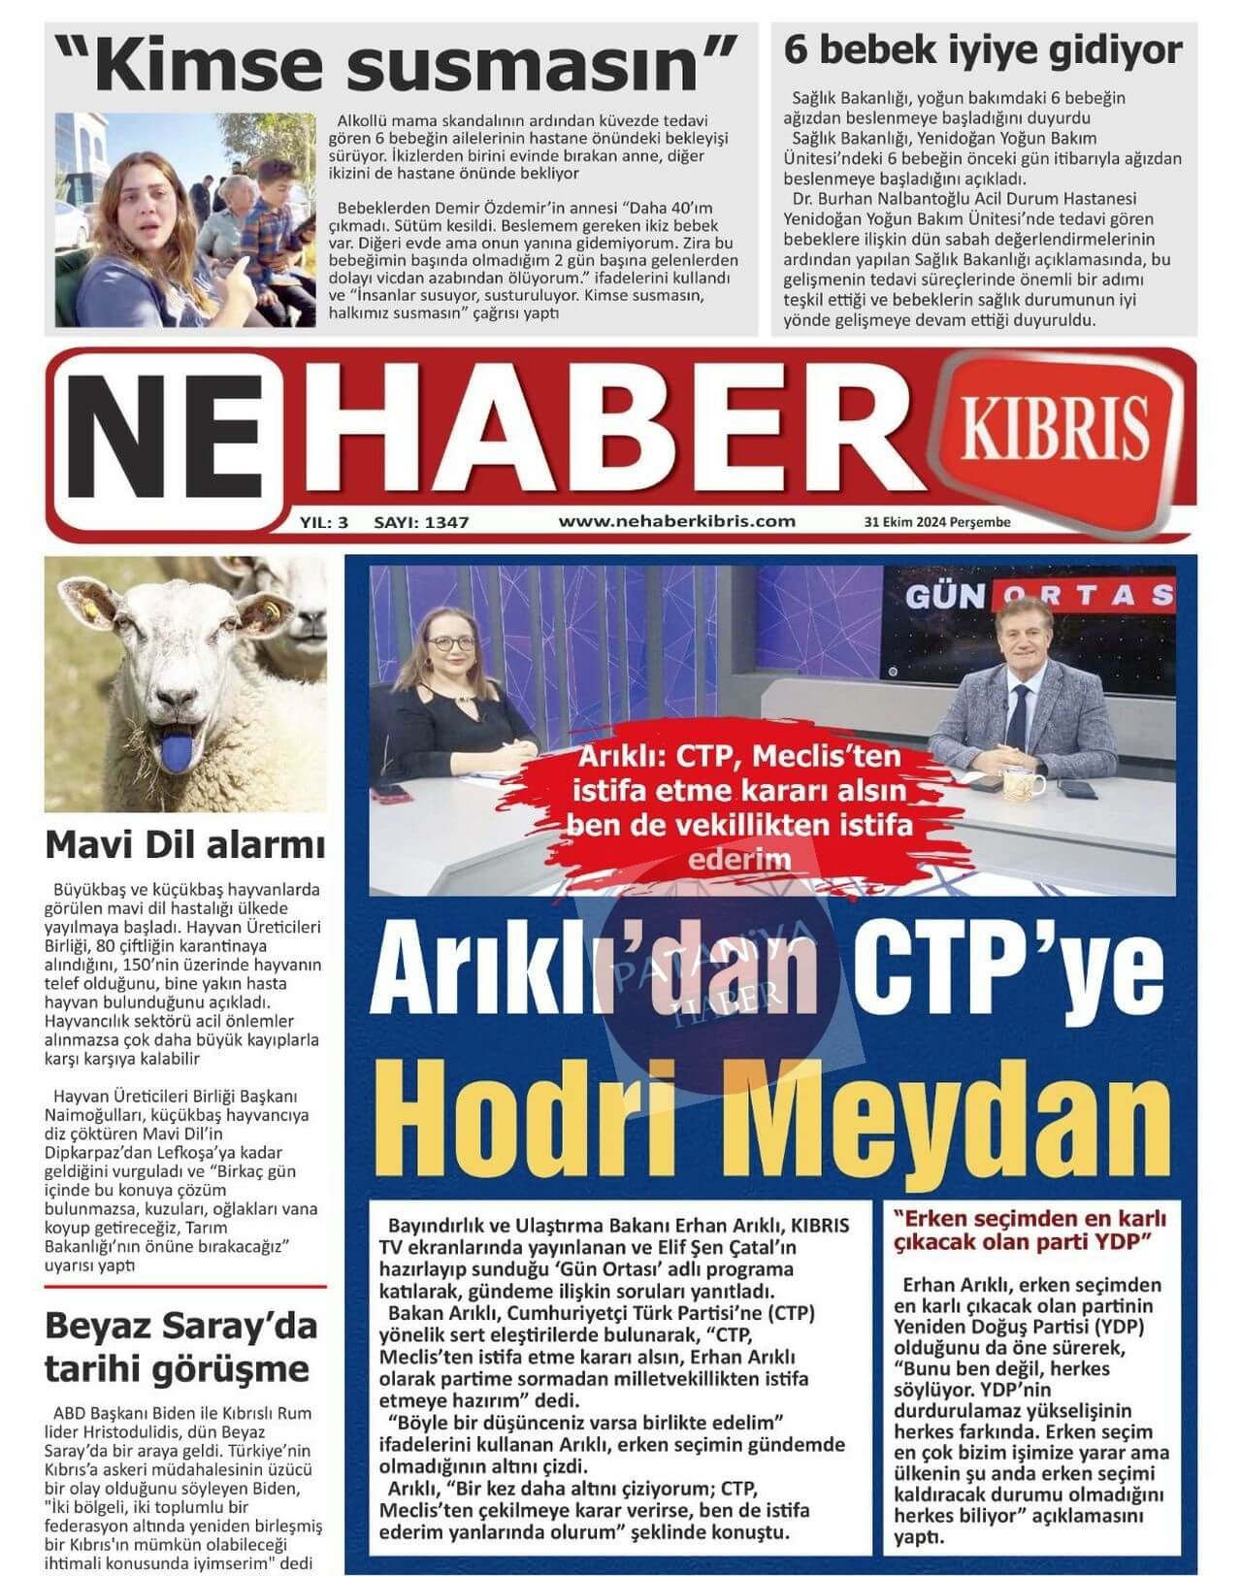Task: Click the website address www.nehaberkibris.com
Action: [676, 521]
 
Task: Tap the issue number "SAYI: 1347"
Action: [421, 522]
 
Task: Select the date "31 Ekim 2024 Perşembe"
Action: [937, 522]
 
